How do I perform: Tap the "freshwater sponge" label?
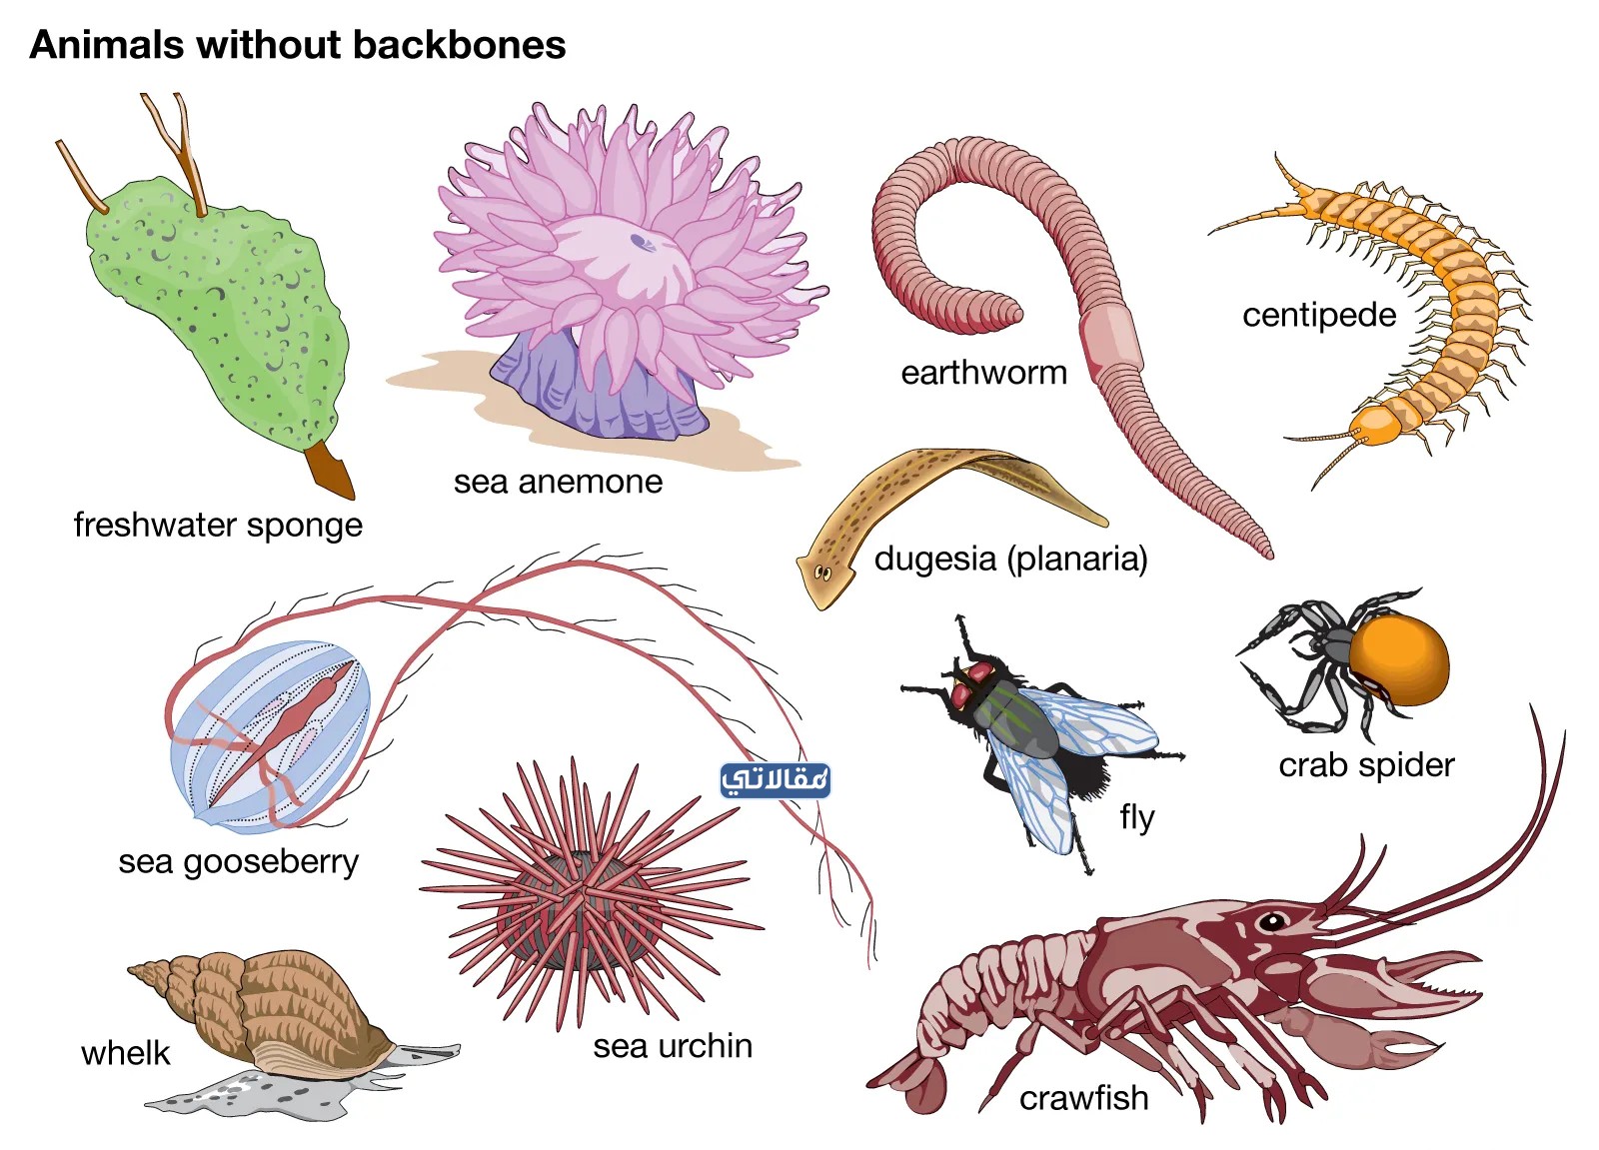219,526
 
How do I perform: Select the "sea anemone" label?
559,482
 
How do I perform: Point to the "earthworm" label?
983,373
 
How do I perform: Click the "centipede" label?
1319,316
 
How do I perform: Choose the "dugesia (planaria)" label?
1010,559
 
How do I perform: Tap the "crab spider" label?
1366,766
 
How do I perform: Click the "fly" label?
1137,818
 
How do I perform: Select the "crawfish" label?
1083,1099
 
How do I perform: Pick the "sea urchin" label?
673,1046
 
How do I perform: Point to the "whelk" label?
126,1054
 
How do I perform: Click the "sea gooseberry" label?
239,862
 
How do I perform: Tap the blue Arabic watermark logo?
776,780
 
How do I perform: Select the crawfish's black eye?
1272,922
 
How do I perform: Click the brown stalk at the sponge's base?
330,469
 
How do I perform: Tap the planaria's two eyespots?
822,573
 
